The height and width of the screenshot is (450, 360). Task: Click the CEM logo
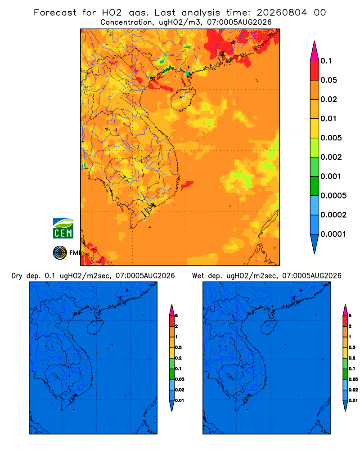(63, 229)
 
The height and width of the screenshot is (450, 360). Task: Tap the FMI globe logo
(60, 253)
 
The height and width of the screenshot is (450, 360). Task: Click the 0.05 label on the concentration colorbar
(328, 80)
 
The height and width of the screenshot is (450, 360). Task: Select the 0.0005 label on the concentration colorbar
(333, 196)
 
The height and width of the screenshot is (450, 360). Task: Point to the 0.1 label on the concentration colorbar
(326, 61)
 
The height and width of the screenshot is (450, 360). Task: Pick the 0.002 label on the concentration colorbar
(331, 157)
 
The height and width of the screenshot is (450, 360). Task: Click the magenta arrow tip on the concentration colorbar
(315, 51)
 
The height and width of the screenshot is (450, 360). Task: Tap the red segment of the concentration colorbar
(315, 71)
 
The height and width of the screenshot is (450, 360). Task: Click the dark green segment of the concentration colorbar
(315, 186)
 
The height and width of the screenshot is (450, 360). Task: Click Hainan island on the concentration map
(183, 99)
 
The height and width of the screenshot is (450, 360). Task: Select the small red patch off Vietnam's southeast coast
(187, 185)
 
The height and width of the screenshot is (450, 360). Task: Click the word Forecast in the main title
(55, 13)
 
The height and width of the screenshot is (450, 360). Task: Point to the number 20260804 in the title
(282, 13)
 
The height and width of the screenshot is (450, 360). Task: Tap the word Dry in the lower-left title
(17, 276)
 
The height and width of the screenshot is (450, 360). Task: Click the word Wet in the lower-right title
(198, 276)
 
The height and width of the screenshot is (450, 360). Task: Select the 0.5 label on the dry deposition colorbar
(179, 347)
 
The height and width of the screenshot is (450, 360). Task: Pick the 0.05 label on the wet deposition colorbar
(353, 379)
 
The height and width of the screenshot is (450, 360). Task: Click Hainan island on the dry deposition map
(95, 327)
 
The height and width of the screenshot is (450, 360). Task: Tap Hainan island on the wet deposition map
(269, 327)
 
